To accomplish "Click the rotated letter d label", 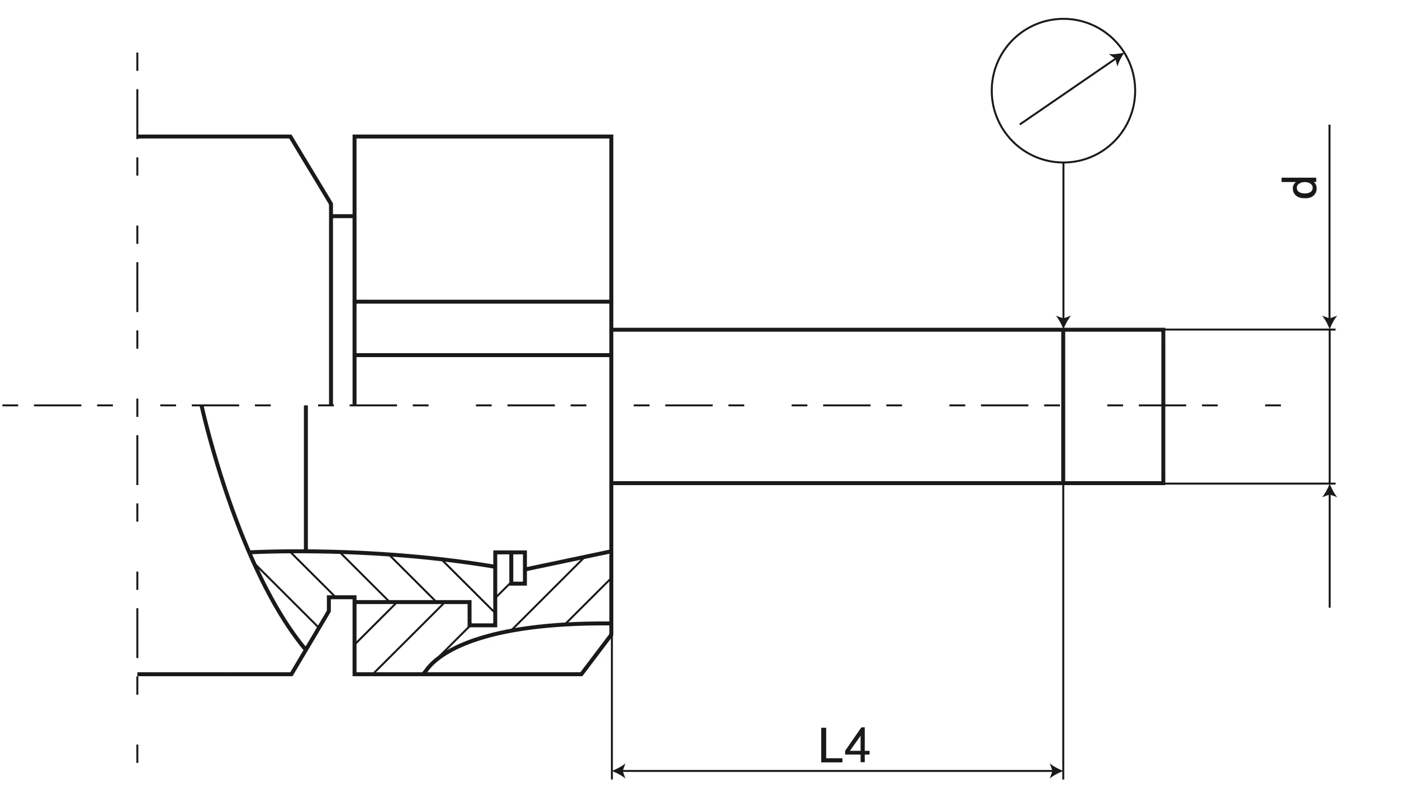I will tap(1299, 188).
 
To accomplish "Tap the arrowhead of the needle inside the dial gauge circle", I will tap(1119, 58).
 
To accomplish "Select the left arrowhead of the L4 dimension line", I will tap(618, 771).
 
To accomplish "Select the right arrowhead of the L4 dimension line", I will tap(1057, 771).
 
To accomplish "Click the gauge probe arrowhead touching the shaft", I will tap(1063, 322).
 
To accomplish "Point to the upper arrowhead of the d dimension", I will tap(1329, 322).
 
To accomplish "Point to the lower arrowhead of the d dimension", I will tap(1329, 491).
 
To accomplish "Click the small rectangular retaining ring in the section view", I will tap(517, 568).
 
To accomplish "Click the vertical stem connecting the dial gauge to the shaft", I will tap(1063, 240).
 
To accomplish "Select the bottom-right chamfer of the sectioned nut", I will tap(596, 654).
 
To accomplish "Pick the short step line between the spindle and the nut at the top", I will tap(343, 216).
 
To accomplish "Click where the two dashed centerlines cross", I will tap(138, 405).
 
